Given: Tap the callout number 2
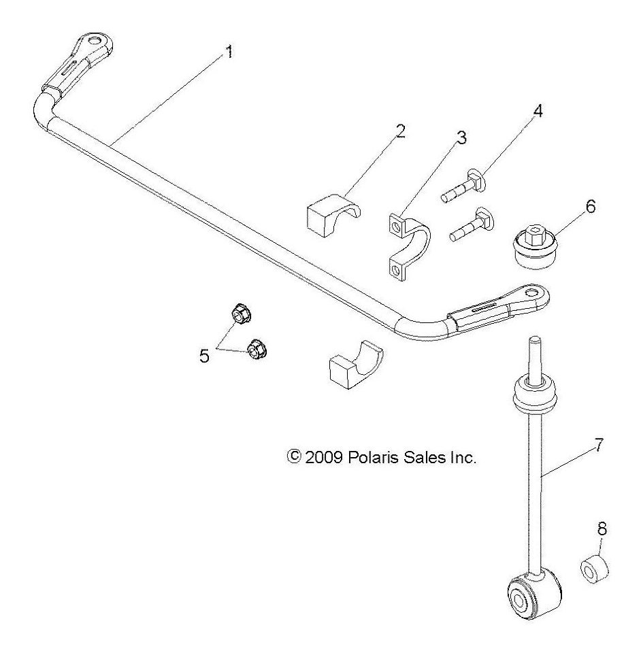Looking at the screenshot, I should pyautogui.click(x=400, y=131).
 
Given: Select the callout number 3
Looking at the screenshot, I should pyautogui.click(x=461, y=138).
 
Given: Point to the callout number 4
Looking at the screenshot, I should pyautogui.click(x=538, y=110).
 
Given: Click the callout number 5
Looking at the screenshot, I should pyautogui.click(x=205, y=356).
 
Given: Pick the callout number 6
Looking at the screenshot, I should pyautogui.click(x=590, y=207).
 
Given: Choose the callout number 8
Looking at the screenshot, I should pyautogui.click(x=603, y=528).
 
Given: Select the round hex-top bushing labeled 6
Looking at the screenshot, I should pyautogui.click(x=535, y=249).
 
